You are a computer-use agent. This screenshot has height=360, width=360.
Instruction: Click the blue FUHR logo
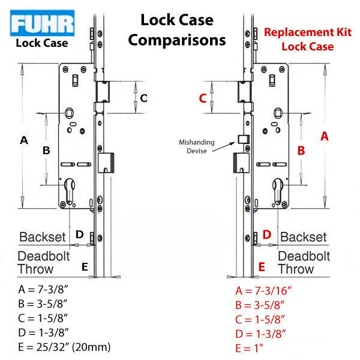click(x=42, y=24)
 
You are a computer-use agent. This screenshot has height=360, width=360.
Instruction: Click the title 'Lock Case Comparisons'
click(x=176, y=29)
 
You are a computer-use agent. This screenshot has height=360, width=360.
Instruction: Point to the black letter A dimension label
click(x=24, y=140)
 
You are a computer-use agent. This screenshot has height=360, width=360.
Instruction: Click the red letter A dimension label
click(x=325, y=136)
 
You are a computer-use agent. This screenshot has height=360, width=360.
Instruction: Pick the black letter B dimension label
click(x=46, y=151)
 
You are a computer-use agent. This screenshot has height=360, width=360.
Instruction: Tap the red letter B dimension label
click(x=302, y=151)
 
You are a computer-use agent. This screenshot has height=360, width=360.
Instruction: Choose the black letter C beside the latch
click(x=143, y=98)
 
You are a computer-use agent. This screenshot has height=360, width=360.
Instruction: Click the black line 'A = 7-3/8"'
click(x=44, y=290)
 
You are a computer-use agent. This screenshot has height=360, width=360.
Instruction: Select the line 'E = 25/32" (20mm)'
click(x=64, y=347)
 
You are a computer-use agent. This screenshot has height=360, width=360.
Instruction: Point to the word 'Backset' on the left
click(x=42, y=237)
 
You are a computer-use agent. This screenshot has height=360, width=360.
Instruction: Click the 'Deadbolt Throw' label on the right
click(x=300, y=262)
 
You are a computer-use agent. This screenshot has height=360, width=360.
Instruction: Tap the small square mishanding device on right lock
click(x=243, y=139)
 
